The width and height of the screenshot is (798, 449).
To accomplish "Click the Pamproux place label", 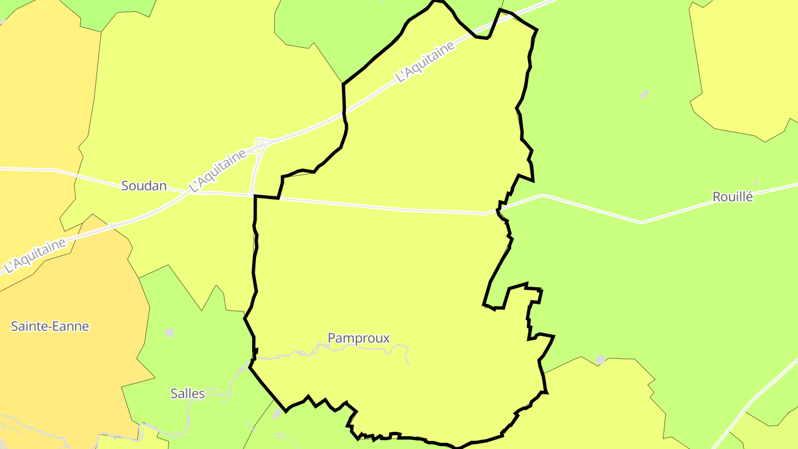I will pyautogui.click(x=359, y=338).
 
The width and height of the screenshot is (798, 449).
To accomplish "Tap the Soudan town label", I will pyautogui.click(x=144, y=186).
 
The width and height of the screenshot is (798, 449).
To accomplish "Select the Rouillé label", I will pyautogui.click(x=733, y=196).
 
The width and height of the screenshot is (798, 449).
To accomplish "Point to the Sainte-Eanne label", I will pyautogui.click(x=50, y=326).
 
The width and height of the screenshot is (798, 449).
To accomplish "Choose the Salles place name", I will pyautogui.click(x=187, y=394).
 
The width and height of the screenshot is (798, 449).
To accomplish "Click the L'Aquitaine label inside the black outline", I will pyautogui.click(x=426, y=62).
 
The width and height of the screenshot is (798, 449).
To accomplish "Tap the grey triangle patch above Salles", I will pyautogui.click(x=169, y=333).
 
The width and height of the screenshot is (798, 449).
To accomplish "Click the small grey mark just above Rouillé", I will pyautogui.click(x=755, y=182).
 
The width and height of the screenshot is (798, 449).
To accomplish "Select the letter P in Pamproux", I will pyautogui.click(x=331, y=338).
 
